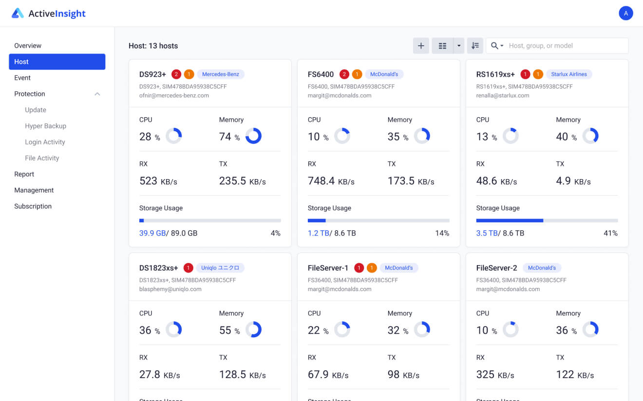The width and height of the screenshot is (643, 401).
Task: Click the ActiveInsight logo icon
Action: click(x=18, y=13)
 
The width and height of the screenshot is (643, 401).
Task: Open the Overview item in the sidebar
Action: click(x=28, y=46)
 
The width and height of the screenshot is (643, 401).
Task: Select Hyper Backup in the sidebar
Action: click(x=45, y=126)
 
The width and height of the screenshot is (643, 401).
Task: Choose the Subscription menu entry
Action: click(x=33, y=206)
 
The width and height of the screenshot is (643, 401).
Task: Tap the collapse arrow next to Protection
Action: click(x=97, y=94)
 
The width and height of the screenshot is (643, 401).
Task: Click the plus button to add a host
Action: click(x=421, y=46)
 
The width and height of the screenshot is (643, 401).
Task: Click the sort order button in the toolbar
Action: click(x=475, y=46)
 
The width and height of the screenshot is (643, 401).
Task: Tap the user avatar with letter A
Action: click(x=625, y=13)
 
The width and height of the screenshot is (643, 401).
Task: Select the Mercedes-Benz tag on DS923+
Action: click(x=220, y=74)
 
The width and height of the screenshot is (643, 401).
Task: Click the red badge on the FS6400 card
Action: click(x=344, y=74)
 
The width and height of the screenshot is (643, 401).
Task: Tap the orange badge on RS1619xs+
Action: click(x=538, y=74)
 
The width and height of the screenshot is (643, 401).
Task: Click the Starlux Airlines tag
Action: click(x=568, y=74)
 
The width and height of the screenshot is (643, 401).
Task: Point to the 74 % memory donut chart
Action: click(x=253, y=136)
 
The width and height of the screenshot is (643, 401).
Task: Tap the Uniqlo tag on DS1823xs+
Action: click(x=220, y=268)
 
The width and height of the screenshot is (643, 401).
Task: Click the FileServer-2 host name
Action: click(x=496, y=268)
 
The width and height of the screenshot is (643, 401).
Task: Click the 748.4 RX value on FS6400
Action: click(x=321, y=181)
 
